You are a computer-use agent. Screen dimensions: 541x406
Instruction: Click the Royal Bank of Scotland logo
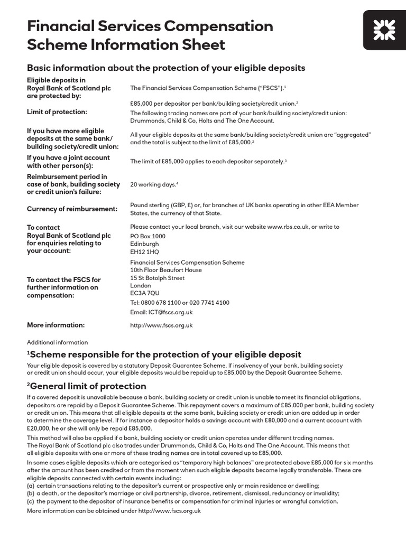(x=384, y=30)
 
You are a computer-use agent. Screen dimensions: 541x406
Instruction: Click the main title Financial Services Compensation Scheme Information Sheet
(x=150, y=35)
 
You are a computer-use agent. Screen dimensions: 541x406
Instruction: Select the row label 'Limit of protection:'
(x=57, y=111)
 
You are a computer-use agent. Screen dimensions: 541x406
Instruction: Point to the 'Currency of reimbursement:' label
(x=72, y=209)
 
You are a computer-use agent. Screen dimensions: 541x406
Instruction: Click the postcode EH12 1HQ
(x=144, y=252)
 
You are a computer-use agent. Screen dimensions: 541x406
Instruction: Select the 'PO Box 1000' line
(x=147, y=236)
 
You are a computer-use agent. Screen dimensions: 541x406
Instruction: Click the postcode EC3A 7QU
(x=144, y=293)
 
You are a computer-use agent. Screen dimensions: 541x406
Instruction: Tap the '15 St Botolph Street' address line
(x=158, y=278)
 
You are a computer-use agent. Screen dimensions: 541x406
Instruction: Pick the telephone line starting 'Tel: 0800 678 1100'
(x=180, y=303)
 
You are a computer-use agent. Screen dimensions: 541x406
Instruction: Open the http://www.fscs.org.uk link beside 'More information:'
(x=161, y=325)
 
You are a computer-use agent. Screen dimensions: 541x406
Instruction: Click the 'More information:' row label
(x=56, y=325)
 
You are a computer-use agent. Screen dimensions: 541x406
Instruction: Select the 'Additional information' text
(x=57, y=342)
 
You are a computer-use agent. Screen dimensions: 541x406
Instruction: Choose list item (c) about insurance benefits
(x=182, y=501)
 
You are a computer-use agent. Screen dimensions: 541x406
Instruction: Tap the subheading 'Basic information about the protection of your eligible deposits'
(x=166, y=68)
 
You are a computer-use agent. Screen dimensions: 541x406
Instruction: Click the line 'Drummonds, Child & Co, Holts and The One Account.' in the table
(x=202, y=120)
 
